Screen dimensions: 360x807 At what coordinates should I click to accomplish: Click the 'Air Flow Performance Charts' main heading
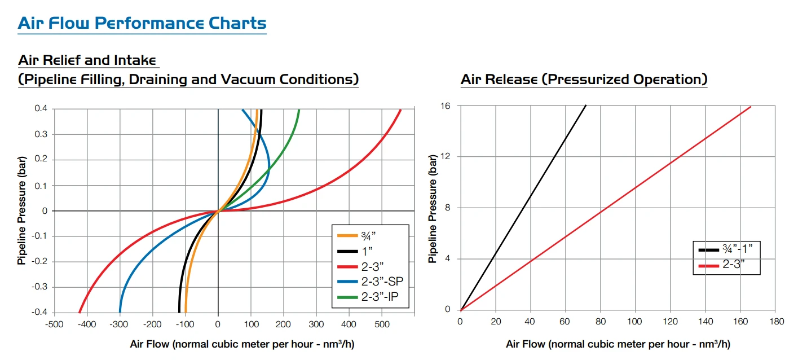[142, 23]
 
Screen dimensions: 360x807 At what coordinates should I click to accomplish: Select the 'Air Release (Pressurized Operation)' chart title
[584, 80]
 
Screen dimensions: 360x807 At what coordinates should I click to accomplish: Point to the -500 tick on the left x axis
[54, 324]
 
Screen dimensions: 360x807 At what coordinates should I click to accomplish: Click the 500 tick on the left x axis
[382, 324]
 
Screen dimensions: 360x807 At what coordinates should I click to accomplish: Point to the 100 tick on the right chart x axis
[635, 321]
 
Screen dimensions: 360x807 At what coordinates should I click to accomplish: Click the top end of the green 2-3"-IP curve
[299, 110]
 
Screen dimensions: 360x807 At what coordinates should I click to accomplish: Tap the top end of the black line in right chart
[586, 106]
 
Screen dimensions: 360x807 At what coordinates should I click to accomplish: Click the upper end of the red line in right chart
[751, 107]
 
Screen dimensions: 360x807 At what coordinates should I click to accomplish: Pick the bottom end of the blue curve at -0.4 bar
[120, 311]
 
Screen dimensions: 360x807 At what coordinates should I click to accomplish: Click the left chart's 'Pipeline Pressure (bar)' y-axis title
[21, 211]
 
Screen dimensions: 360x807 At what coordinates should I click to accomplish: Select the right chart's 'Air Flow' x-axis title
[618, 344]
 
